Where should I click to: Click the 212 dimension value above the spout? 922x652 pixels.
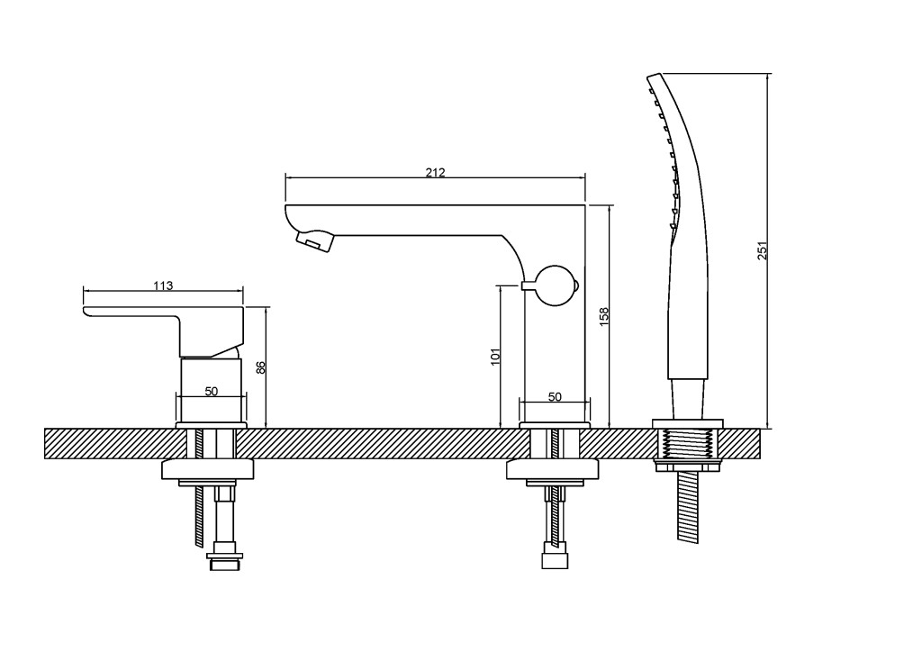[x=435, y=172]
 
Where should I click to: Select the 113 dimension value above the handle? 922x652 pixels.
[x=164, y=285]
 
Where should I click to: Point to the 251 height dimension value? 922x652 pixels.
[x=763, y=251]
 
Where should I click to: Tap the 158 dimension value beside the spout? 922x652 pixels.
[x=604, y=316]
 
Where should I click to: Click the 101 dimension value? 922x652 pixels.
[x=495, y=357]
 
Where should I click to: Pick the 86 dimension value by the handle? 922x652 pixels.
[x=262, y=367]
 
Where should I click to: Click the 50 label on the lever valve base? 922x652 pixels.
[x=211, y=391]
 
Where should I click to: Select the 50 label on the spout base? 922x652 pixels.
[x=555, y=397]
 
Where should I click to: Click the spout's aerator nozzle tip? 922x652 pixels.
[x=314, y=241]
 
